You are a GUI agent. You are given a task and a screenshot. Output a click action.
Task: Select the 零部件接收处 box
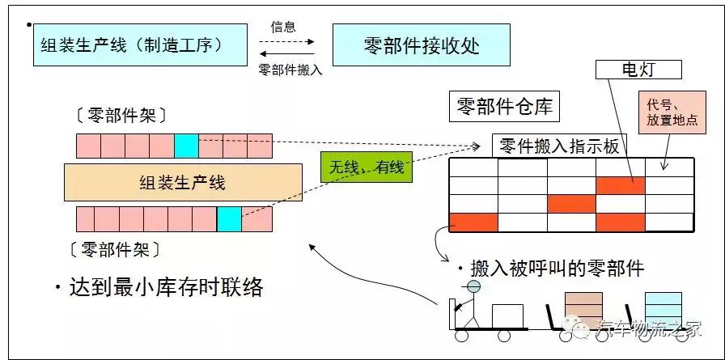pyautogui.click(x=422, y=44)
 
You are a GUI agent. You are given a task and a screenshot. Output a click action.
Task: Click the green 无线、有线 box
pyautogui.click(x=367, y=167)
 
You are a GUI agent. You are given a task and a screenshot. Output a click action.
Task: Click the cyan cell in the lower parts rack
pyautogui.click(x=229, y=219)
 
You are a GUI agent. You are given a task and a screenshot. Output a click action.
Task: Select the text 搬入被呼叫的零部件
pyautogui.click(x=549, y=269)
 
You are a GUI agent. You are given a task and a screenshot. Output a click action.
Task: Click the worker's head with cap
pyautogui.click(x=473, y=286)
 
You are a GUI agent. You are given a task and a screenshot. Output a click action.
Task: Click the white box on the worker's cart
pyautogui.click(x=507, y=316)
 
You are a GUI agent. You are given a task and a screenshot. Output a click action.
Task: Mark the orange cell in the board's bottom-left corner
pyautogui.click(x=473, y=222)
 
